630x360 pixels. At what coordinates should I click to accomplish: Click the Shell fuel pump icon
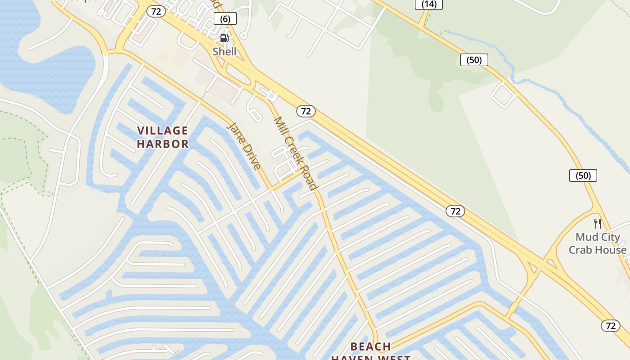(224, 38)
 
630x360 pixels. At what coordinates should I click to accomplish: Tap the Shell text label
(225, 51)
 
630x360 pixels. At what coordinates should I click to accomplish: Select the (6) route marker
(225, 18)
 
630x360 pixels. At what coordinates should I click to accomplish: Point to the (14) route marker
(429, 4)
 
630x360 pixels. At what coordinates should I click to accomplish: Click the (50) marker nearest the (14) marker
(474, 60)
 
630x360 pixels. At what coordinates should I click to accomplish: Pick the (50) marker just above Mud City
(583, 175)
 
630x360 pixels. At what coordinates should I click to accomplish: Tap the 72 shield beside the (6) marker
(156, 12)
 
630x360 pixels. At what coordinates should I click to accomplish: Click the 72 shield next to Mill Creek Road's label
(306, 111)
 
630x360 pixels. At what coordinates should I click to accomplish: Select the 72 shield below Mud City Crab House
(610, 325)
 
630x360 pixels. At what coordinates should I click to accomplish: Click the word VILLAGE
(162, 130)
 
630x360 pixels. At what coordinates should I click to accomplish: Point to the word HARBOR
(162, 144)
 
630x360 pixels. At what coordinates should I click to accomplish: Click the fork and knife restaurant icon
(598, 223)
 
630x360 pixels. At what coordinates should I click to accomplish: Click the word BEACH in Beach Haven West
(370, 346)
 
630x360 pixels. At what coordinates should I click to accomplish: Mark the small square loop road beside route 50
(503, 94)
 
